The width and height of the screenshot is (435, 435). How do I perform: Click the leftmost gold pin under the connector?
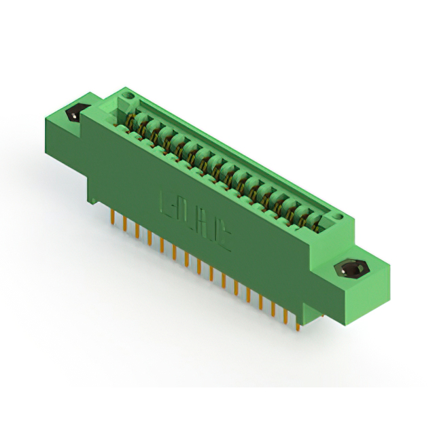(111, 219)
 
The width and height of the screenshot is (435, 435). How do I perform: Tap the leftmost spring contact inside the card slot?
(138, 122)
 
